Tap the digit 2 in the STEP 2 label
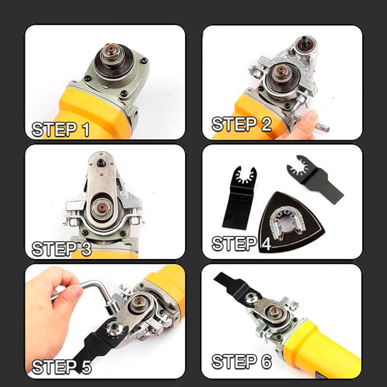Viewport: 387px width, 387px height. (x=266, y=124)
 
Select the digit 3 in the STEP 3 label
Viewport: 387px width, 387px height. (x=86, y=249)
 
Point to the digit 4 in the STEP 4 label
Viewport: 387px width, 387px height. (x=266, y=243)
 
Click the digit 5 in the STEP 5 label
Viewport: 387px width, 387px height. (x=86, y=367)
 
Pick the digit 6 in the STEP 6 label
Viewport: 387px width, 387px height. (x=266, y=362)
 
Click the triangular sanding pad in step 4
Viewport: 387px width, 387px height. (x=291, y=222)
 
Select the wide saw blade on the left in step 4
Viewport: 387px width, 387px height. (x=239, y=197)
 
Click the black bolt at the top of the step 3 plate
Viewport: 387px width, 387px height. (x=101, y=162)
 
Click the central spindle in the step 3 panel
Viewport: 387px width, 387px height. (x=101, y=208)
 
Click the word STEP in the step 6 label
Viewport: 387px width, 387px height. (x=234, y=362)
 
